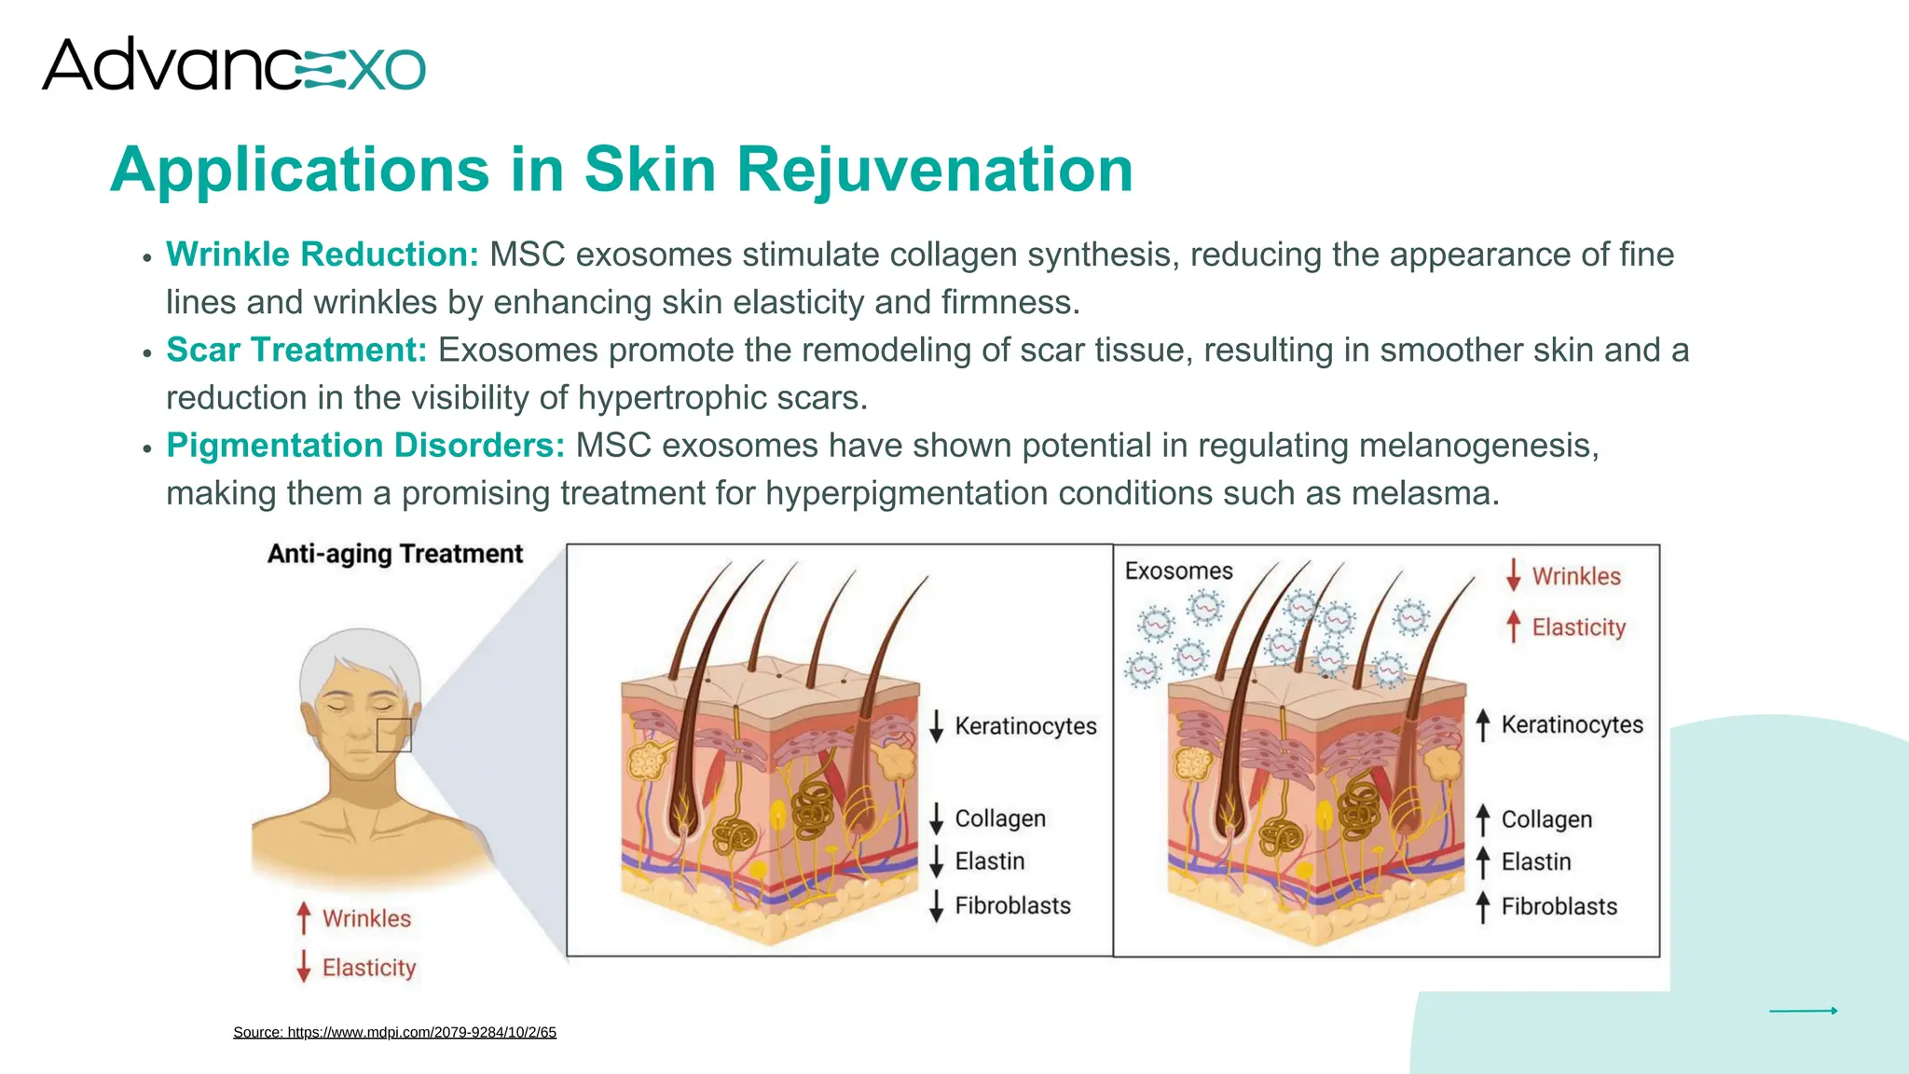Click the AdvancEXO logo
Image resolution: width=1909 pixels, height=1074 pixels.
tap(233, 65)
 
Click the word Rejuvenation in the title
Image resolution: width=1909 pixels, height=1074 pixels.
tap(934, 170)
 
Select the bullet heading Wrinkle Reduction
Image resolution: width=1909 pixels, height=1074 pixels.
tap(322, 255)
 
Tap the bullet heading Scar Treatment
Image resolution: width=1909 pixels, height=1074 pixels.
tap(296, 351)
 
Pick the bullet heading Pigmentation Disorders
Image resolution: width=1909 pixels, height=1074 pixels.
tap(365, 446)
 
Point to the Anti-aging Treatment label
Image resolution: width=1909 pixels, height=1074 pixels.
tap(395, 554)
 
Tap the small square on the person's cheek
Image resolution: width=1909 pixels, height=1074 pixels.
tap(393, 736)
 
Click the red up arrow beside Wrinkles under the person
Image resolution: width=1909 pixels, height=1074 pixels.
tap(303, 918)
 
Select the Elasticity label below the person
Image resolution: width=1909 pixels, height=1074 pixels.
tap(369, 968)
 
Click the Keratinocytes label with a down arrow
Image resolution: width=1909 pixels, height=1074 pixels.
tap(1025, 726)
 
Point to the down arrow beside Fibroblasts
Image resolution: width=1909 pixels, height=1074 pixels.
tap(937, 905)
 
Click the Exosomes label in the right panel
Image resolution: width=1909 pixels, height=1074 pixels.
tap(1178, 571)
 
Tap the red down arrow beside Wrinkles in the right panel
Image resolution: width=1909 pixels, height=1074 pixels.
tap(1514, 575)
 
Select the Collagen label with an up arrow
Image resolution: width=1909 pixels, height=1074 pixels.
tap(1546, 819)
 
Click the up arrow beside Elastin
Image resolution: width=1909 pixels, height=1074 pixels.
tap(1483, 861)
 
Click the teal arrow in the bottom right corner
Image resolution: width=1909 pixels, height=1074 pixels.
tap(1803, 1011)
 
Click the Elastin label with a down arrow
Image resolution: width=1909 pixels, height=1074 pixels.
tap(989, 861)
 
